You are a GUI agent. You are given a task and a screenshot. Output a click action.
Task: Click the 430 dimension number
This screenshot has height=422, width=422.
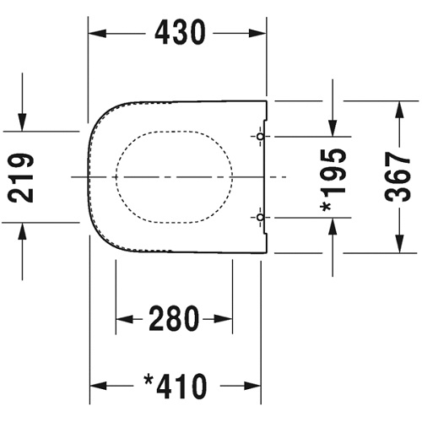tap(180, 33)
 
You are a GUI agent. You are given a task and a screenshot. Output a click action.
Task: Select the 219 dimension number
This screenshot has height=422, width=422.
tap(21, 177)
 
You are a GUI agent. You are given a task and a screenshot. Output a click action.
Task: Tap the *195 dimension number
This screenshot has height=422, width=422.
tap(333, 181)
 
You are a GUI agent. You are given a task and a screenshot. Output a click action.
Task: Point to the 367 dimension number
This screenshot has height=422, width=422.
tap(398, 176)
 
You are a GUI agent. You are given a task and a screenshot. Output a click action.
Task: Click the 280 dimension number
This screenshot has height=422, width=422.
tap(174, 318)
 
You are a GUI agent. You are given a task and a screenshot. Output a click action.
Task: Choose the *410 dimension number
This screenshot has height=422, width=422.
tap(176, 386)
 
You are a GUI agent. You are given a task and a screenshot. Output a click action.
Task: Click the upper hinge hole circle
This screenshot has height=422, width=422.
tap(261, 137)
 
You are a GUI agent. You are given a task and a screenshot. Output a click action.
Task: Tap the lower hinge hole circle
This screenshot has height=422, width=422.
tap(261, 217)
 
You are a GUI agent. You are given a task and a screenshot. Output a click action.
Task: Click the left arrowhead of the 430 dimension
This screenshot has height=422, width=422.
tap(97, 34)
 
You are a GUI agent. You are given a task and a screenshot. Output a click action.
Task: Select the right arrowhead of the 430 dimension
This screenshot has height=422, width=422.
tap(257, 34)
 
